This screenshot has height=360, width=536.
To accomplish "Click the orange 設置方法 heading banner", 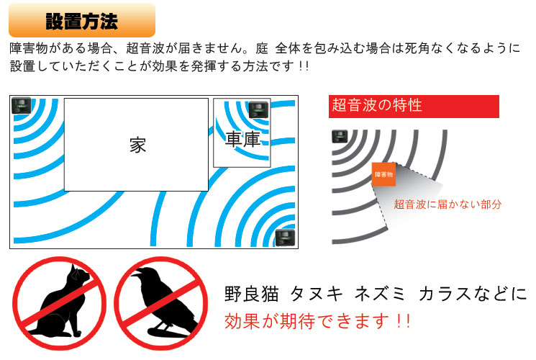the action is (x=82, y=20).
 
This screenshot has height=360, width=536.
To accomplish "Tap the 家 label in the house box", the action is (x=137, y=145).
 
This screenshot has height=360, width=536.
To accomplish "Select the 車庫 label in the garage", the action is (x=242, y=139).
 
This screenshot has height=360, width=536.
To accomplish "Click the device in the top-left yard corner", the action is (x=21, y=105).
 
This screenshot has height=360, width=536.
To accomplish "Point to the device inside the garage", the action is (x=258, y=109).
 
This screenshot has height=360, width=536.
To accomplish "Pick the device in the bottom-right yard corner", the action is (x=285, y=238).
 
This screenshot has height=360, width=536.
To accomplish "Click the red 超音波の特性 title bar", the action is (x=414, y=107).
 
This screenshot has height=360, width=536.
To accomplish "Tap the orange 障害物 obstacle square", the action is (x=384, y=174).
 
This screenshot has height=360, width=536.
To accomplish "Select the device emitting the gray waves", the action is (x=340, y=137).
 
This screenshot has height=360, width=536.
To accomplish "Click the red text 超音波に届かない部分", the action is (x=448, y=204).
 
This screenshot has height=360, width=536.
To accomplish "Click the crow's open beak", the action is (x=137, y=273).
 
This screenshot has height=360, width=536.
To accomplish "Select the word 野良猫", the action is (x=251, y=294).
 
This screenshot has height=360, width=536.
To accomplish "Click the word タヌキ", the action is (x=316, y=294).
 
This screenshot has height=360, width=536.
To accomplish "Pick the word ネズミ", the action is (x=380, y=294).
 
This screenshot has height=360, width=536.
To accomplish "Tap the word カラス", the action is (x=445, y=294).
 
